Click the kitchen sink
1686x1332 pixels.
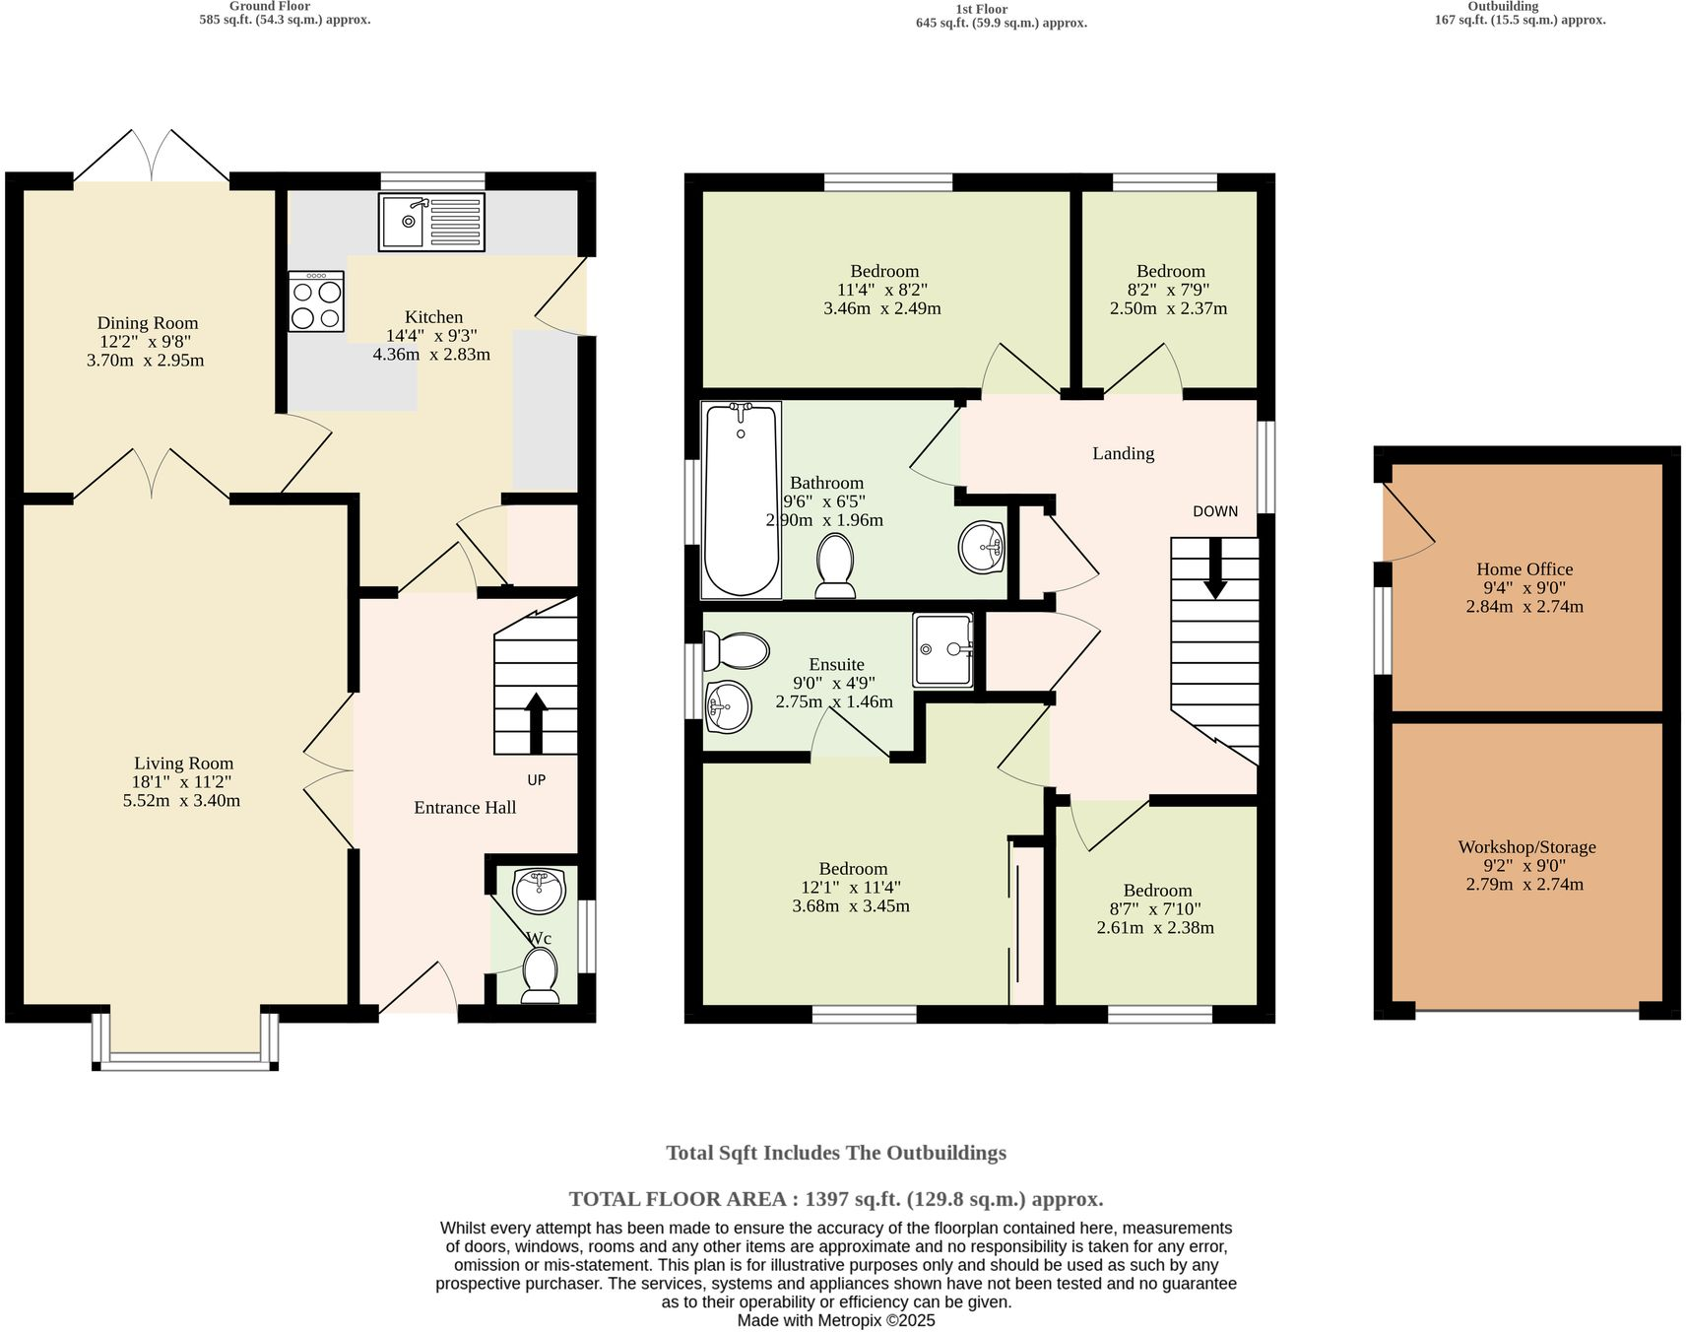[431, 222]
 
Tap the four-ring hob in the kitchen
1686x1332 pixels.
[316, 301]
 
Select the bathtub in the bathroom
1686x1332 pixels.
[741, 499]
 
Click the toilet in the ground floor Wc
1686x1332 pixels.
[540, 975]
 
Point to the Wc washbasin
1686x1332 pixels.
[539, 891]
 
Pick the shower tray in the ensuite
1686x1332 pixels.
[942, 649]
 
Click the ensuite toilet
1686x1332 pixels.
[737, 650]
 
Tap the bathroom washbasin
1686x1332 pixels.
[981, 547]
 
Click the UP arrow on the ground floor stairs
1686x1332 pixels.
[536, 723]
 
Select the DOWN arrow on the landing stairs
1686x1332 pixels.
[1215, 568]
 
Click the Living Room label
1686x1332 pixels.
[184, 764]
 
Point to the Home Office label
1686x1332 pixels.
[1524, 569]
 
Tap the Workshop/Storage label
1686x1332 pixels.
[1526, 847]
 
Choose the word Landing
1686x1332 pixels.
[1124, 454]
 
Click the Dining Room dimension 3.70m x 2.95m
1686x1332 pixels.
[146, 361]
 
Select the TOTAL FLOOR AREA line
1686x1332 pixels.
[836, 1200]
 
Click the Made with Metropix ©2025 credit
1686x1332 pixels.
[836, 1321]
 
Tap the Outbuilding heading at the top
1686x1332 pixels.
[1503, 6]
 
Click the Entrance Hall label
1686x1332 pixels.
[465, 808]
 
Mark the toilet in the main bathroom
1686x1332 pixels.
[836, 566]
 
